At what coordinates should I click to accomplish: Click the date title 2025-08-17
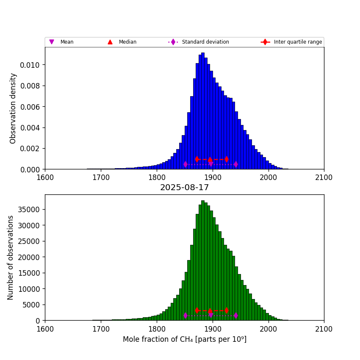point(184,187)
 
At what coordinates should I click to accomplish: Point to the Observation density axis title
point(13,108)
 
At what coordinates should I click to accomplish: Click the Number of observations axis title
point(11,258)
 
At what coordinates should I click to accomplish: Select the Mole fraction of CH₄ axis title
point(184,339)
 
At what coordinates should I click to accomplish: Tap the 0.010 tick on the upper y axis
point(30,65)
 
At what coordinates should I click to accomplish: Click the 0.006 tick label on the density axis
point(30,107)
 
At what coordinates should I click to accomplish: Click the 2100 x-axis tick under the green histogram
point(324,329)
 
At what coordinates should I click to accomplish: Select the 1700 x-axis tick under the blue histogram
point(101,177)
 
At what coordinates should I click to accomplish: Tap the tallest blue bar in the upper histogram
point(203,110)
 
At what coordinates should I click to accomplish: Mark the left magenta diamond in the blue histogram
point(186,164)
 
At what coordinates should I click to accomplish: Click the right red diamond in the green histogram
point(227,310)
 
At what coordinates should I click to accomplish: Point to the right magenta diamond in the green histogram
point(235,315)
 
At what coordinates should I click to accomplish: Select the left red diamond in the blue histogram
point(197,159)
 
